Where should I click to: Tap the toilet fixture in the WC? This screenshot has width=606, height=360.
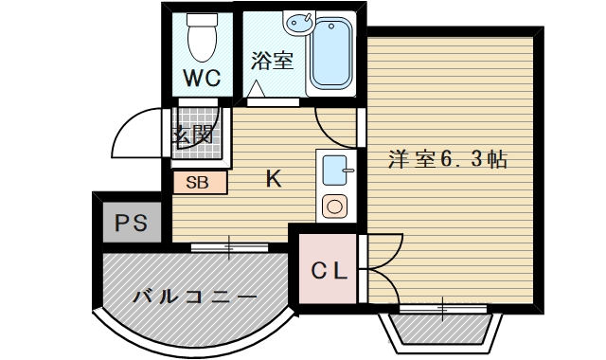[202, 37]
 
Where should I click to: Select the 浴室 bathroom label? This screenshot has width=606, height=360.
[272, 61]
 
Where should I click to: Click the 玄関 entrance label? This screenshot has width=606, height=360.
[192, 135]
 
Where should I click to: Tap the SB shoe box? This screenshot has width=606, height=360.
[199, 183]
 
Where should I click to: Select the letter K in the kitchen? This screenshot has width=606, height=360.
[273, 178]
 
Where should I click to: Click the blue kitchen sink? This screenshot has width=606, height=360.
[335, 171]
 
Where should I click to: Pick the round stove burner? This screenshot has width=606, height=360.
[335, 205]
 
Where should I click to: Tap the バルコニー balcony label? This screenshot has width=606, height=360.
[194, 297]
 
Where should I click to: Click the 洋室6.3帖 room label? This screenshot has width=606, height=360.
[447, 158]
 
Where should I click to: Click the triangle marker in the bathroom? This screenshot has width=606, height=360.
[257, 88]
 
